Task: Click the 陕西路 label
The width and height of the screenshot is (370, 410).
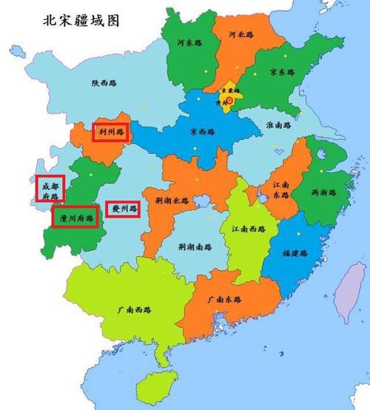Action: click(x=104, y=84)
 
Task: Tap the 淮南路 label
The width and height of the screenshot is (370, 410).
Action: click(x=279, y=126)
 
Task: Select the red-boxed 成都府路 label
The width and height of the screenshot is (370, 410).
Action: click(x=50, y=189)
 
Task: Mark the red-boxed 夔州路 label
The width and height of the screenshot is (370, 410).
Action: click(x=124, y=209)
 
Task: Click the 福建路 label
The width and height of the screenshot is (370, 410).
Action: click(x=294, y=252)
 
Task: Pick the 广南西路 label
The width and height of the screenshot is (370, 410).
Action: click(x=123, y=310)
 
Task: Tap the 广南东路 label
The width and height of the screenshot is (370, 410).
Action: click(x=226, y=300)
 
